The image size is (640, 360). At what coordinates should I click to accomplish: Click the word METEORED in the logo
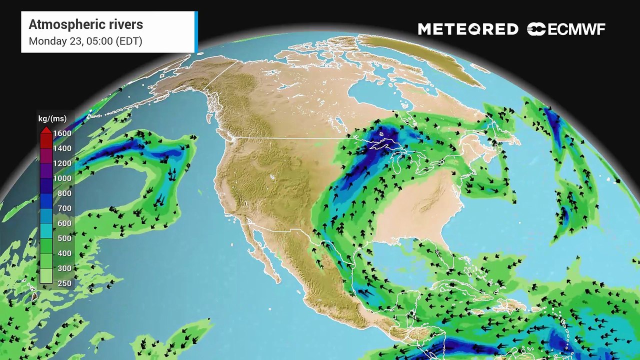pos(468,29)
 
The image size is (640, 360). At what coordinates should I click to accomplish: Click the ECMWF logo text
pos(576,29)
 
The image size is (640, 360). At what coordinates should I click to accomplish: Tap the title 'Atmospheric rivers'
pos(85,24)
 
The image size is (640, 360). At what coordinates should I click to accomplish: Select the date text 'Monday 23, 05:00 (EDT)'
pos(85,41)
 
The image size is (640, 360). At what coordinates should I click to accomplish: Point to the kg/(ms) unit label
pos(54,118)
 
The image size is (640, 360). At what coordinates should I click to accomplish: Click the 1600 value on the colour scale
pos(62,133)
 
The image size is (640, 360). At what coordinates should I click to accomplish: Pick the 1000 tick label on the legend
pos(62,178)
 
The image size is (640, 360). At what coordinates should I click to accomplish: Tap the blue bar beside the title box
pos(196,32)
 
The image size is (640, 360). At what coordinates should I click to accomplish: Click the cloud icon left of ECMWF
pos(535,29)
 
